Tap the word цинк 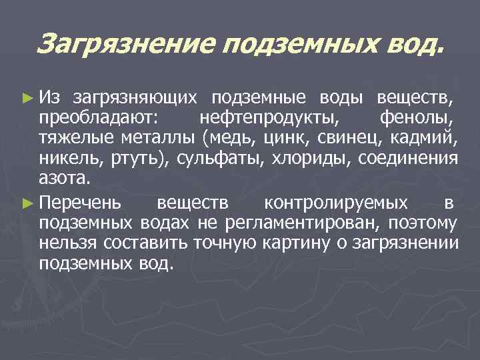tap(283, 139)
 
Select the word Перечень tap(80, 202)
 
